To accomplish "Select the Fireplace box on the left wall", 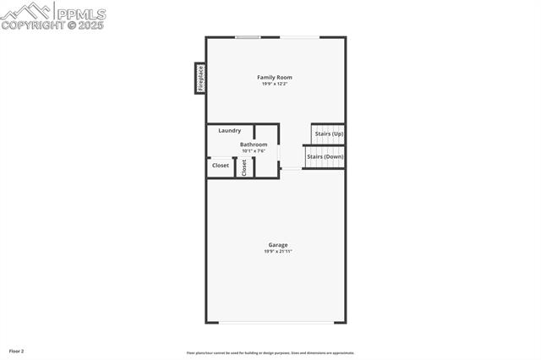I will click(x=200, y=78).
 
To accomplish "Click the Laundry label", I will click(x=230, y=130).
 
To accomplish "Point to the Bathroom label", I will click(x=254, y=145).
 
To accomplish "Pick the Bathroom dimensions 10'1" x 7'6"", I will click(x=254, y=151).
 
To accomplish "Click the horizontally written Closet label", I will click(x=220, y=166).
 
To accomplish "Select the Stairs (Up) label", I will click(x=328, y=134).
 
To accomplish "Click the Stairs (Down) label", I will click(x=325, y=156).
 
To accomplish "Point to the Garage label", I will click(x=278, y=245).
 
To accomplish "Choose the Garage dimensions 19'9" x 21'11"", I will click(x=278, y=251).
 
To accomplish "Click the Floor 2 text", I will click(x=17, y=351).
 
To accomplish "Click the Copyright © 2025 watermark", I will click(x=52, y=25).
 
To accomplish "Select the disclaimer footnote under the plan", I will click(x=270, y=353).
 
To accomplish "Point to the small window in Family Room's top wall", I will click(x=248, y=37).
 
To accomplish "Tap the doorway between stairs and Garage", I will click(x=290, y=169).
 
